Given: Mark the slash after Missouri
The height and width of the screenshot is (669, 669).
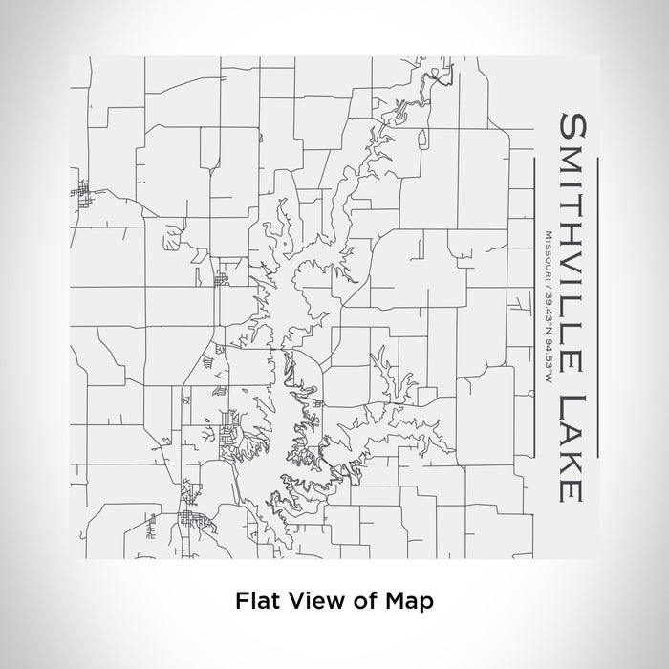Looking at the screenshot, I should [x=546, y=281].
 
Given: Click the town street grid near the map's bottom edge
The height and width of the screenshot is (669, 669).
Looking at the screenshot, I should [x=193, y=521].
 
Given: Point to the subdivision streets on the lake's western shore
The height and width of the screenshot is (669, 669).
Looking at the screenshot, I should [x=232, y=436].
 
